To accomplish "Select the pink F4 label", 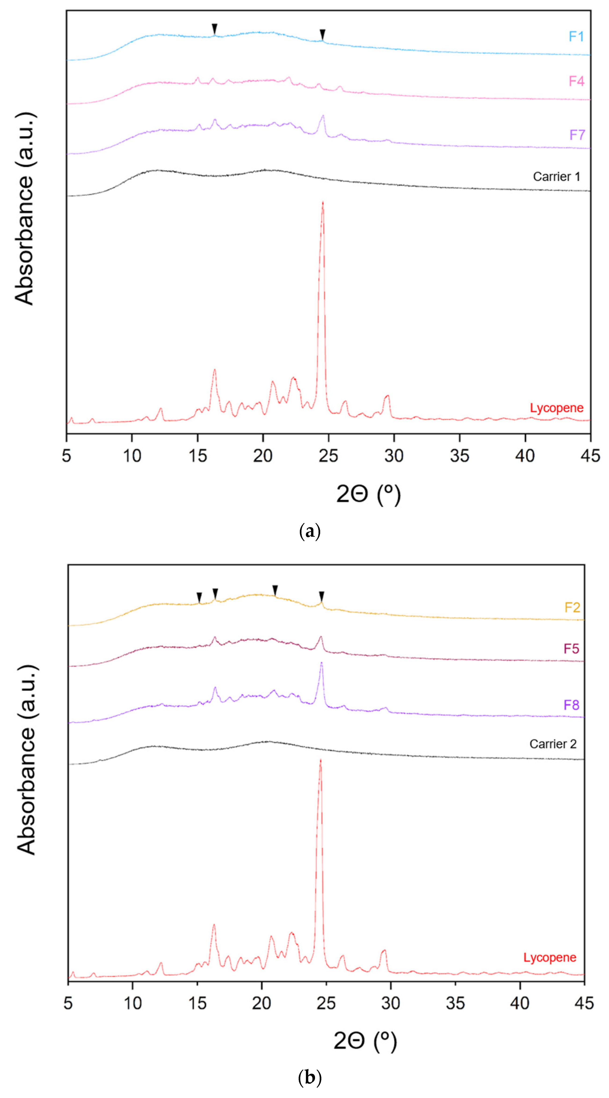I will point(576,81).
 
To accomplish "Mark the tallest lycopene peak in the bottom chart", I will point(320,760).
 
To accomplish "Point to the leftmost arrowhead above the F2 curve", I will point(199,597).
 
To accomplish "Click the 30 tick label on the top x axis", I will point(394,456).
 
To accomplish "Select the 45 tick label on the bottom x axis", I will point(584,1003).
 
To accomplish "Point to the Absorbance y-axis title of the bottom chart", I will point(26,759).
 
